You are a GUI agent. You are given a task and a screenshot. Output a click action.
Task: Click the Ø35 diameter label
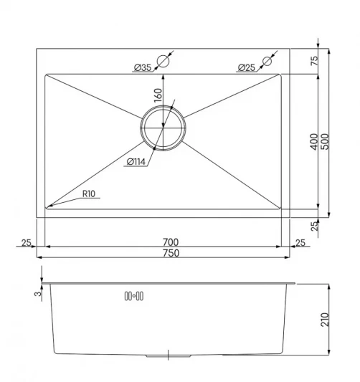(x=143, y=67)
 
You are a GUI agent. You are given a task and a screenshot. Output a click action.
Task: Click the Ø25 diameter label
(x=247, y=67)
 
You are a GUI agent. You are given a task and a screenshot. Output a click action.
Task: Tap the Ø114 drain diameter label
(x=136, y=161)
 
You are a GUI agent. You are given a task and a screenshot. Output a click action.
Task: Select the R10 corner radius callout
(x=89, y=194)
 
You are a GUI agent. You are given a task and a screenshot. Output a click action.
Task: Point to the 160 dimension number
(x=158, y=95)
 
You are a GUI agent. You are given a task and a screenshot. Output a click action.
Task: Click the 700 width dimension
(x=171, y=242)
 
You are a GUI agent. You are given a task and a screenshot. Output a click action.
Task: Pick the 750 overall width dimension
(x=171, y=253)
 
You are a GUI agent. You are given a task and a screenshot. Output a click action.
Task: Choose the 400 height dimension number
(x=314, y=141)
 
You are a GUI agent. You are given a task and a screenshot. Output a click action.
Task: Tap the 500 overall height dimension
(x=325, y=141)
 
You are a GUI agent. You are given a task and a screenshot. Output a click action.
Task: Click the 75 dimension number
(x=314, y=61)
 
